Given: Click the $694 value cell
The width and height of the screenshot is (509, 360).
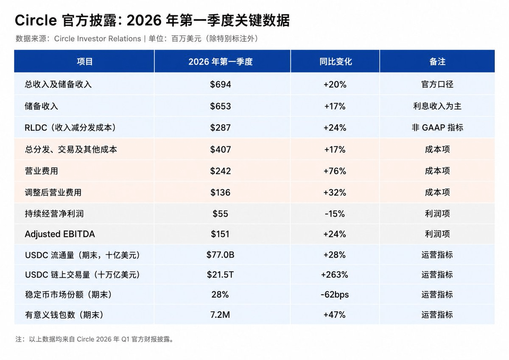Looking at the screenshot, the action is pos(220,84).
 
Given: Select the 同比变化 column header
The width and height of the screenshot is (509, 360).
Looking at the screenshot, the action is pos(336,61).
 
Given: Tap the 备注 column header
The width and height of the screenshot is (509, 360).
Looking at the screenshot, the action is pos(437,61).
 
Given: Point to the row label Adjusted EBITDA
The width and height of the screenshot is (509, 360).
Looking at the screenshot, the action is pos(60,234).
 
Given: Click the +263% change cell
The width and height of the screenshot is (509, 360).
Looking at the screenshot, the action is pos(335,275).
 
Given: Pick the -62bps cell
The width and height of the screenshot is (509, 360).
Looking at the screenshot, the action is pos(335,295).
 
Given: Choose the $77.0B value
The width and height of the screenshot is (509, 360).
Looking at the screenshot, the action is pos(220,255).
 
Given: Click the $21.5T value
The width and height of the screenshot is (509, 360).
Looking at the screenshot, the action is pos(220,275).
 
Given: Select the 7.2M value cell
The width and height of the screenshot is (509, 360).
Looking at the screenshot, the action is pos(220,315).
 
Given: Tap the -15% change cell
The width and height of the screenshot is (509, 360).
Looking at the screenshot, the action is pos(335,214).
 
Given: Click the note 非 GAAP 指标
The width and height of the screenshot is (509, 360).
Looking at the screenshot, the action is pos(437,128).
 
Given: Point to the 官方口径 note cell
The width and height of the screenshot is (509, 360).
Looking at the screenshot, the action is pos(437,84).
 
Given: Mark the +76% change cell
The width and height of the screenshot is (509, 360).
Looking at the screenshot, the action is pos(335,171).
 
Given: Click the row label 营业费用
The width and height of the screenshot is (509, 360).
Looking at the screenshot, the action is pos(42,171).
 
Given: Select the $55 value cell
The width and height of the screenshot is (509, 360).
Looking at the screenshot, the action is pos(220,214).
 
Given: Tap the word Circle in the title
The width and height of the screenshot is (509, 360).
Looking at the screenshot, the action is pos(36,20).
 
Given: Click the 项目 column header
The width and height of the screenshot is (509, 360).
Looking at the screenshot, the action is pos(84,61).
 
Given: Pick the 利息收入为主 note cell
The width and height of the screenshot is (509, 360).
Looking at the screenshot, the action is pos(437,106).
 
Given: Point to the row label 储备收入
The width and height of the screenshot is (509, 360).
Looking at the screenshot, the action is pos(42,106).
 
